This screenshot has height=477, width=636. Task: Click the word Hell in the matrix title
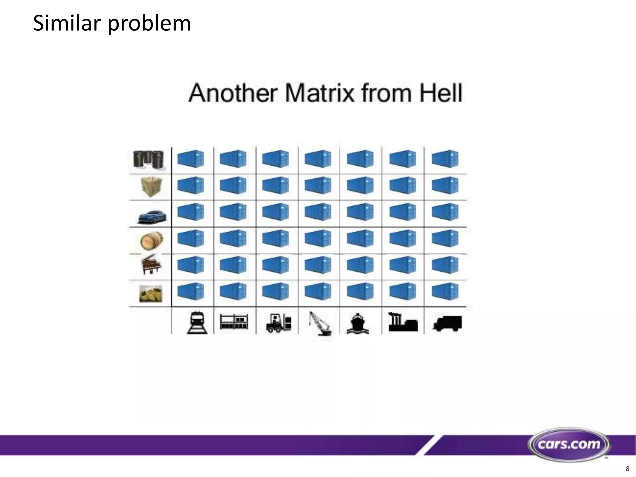click(441, 93)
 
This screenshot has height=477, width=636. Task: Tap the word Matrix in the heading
click(319, 93)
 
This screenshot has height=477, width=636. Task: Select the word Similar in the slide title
click(67, 23)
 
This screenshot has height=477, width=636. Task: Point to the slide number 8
click(628, 469)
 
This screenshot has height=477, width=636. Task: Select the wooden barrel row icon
click(152, 241)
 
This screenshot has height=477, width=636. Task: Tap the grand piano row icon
click(151, 265)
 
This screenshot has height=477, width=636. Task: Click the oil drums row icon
click(148, 160)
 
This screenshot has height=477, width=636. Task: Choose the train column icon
click(197, 323)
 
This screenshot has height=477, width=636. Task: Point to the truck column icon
click(447, 323)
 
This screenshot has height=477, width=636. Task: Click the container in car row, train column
click(191, 212)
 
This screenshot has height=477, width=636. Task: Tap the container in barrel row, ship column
click(360, 238)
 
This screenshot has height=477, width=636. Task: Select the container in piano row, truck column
click(445, 265)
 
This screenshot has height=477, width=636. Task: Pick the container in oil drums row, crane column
click(318, 159)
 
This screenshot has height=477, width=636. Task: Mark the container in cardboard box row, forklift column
click(275, 185)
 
